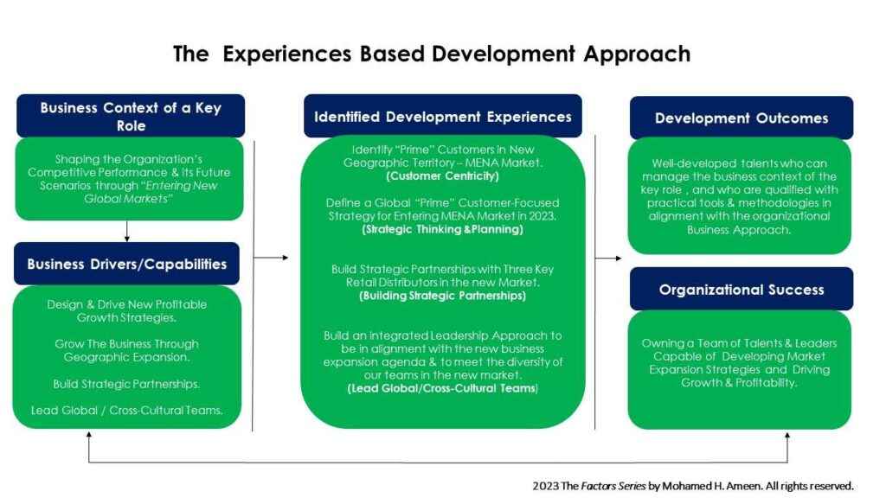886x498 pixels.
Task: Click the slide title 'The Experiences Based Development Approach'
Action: point(432,54)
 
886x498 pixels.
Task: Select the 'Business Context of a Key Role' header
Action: point(131,117)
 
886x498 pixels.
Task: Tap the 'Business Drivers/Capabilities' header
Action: point(126,264)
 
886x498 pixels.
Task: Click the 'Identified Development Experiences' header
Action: point(442,117)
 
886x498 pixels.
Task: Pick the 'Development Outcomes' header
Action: point(742,118)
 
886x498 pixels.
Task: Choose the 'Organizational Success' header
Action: point(742,289)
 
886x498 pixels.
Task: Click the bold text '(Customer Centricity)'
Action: point(442,176)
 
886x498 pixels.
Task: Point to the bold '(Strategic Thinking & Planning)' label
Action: point(442,229)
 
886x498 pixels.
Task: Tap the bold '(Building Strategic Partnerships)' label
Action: point(442,296)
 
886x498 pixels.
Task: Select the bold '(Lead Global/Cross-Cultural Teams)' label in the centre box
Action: point(442,388)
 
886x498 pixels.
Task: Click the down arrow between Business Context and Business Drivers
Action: point(126,232)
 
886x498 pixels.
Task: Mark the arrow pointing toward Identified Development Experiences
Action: point(271,258)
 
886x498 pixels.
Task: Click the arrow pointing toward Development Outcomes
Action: point(608,258)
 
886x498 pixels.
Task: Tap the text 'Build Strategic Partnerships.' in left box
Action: point(126,384)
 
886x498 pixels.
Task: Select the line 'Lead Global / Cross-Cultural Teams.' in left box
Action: point(126,411)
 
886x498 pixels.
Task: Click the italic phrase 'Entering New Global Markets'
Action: point(151,192)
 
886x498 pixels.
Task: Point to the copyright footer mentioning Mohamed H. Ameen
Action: point(693,486)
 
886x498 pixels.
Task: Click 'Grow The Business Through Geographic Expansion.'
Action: point(126,351)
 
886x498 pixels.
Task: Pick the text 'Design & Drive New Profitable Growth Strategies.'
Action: point(126,311)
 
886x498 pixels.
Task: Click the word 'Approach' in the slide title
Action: point(637,54)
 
